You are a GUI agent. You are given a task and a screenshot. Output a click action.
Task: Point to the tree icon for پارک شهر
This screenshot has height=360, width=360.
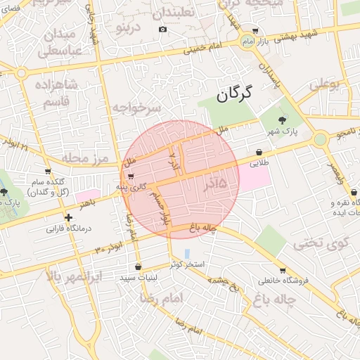click(283, 120)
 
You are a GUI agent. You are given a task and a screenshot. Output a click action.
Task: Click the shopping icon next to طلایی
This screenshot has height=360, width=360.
click(259, 151)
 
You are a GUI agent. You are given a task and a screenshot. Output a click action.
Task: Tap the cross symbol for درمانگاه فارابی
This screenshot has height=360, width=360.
click(67, 218)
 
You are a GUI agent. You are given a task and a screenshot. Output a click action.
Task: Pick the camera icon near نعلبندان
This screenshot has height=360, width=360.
click(163, 29)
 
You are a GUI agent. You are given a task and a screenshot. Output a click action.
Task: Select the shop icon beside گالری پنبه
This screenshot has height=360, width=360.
click(131, 176)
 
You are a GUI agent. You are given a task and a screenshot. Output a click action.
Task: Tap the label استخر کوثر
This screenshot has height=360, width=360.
click(187, 264)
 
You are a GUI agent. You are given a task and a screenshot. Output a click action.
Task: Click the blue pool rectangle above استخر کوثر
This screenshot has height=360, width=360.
click(186, 252)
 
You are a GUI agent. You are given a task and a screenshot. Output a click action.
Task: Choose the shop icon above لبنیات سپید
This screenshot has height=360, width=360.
click(137, 267)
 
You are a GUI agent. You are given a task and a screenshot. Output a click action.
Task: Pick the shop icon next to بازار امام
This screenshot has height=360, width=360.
click(255, 31)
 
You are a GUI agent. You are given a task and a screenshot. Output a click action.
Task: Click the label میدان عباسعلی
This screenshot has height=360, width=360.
click(59, 42)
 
